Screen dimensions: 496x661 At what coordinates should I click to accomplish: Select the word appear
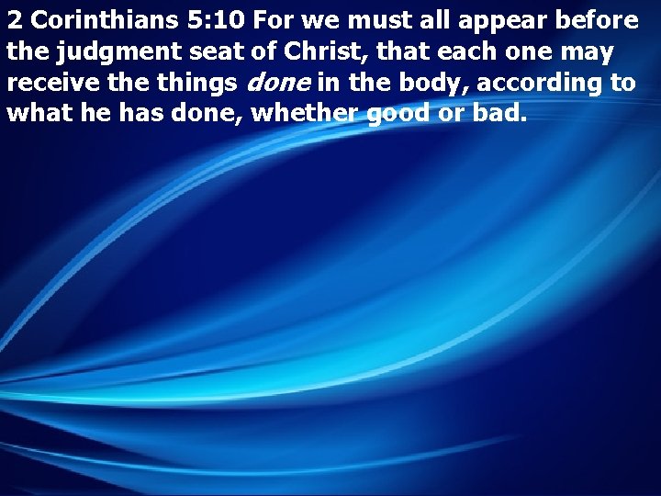point(507,22)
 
